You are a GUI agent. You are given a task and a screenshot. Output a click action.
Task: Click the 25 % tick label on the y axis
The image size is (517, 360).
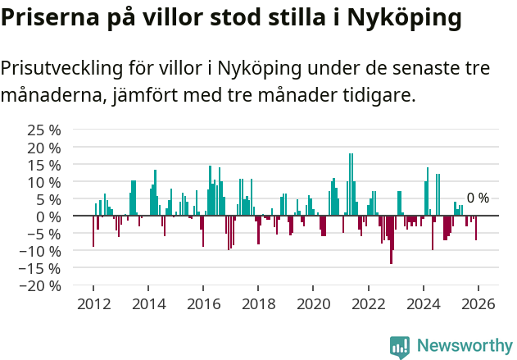click(44, 130)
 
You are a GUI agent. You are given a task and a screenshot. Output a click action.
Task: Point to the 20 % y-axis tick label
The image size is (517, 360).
click(44, 147)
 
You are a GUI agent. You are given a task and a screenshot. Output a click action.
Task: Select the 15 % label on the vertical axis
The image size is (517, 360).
click(44, 164)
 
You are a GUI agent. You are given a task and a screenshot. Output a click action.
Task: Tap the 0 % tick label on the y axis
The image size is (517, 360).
click(49, 216)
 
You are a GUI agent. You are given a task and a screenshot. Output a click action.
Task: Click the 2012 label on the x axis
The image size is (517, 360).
click(93, 303)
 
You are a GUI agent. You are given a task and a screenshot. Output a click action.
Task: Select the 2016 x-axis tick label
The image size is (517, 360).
click(203, 303)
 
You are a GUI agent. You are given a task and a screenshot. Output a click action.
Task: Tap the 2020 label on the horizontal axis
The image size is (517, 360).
click(313, 303)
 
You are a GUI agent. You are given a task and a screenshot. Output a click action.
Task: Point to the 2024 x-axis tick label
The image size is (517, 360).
click(423, 303)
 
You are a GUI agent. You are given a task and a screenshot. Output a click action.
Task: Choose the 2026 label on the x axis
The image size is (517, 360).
click(478, 303)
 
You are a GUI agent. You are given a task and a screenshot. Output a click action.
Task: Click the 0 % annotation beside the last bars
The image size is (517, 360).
click(478, 198)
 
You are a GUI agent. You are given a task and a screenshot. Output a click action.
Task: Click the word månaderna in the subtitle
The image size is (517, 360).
click(49, 96)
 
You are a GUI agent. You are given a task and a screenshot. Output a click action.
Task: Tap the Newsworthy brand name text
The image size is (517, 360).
click(465, 346)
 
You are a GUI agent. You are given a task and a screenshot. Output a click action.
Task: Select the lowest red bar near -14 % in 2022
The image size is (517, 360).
click(391, 239)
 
